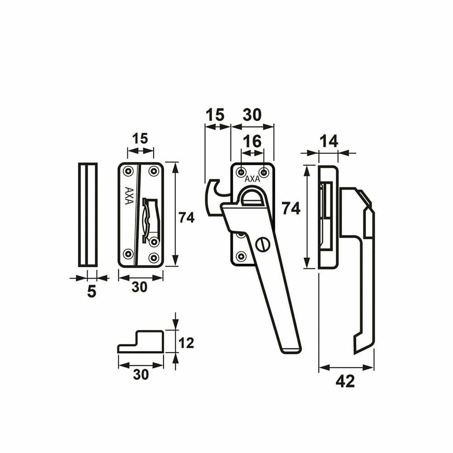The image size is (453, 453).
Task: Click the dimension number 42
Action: click(x=345, y=381)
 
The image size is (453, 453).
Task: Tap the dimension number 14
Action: click(x=329, y=141)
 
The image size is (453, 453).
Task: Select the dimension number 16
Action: click(x=252, y=141)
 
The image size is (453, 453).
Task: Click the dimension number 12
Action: click(x=186, y=343)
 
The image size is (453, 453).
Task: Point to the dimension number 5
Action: click(x=92, y=292)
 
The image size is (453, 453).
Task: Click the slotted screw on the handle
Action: click(x=263, y=245)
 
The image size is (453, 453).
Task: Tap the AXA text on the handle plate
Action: click(x=252, y=179)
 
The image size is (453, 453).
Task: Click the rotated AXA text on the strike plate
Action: click(x=129, y=196)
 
